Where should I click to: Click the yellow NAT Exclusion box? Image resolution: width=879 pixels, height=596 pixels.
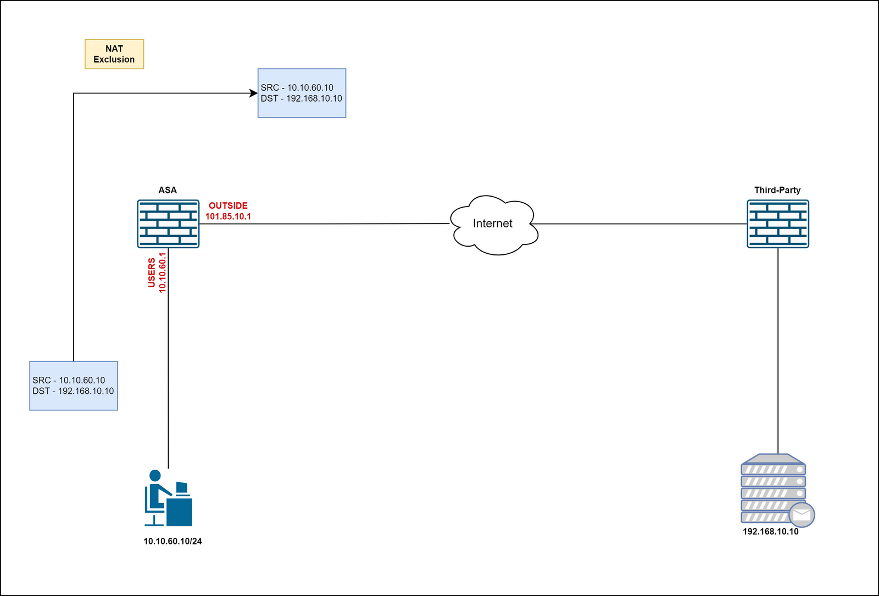tap(114, 54)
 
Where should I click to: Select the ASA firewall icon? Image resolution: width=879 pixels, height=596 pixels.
tap(168, 224)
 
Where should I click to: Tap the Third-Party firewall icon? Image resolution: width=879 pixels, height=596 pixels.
tap(777, 224)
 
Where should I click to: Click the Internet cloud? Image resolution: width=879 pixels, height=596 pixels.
tap(493, 224)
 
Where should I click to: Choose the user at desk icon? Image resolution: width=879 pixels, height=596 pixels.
tap(168, 498)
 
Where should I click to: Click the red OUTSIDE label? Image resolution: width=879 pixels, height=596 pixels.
tap(228, 205)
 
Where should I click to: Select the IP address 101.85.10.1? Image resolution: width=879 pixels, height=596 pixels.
tap(228, 216)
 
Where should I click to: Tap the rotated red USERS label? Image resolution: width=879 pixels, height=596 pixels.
tap(152, 272)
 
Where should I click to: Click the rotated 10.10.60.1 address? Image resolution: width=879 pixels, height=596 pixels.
tap(162, 272)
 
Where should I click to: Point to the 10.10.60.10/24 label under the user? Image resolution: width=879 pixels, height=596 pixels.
tap(173, 541)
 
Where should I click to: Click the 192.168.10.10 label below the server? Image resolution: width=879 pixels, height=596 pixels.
tap(770, 531)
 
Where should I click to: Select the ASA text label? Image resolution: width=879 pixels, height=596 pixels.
tap(168, 190)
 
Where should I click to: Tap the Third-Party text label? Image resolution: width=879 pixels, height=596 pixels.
tap(777, 190)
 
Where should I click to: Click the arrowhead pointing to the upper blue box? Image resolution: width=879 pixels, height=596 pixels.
tap(254, 93)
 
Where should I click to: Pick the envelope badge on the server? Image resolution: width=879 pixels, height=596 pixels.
tap(802, 515)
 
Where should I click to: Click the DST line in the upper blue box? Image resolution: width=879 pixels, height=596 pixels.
tap(301, 98)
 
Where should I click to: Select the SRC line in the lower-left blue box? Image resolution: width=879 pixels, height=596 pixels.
tap(69, 380)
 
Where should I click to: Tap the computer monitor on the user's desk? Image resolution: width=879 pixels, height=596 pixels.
tap(182, 487)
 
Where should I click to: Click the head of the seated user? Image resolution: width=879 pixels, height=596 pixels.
tap(155, 475)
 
